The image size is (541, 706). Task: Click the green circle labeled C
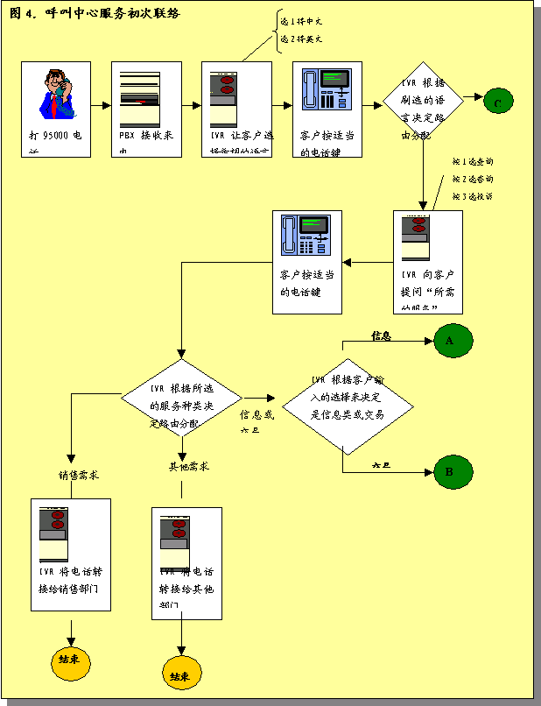[497, 102]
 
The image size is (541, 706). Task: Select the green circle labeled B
[449, 472]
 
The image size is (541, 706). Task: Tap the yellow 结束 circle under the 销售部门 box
[70, 660]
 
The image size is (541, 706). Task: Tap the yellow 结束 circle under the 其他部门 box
[182, 675]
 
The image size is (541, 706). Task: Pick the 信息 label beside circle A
[381, 335]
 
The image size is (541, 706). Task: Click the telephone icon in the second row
[306, 238]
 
